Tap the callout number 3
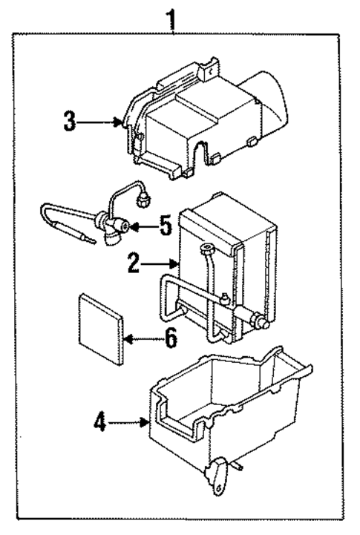70,121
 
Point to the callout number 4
100,424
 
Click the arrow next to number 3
99,122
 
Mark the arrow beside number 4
131,424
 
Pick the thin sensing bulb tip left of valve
88,239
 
